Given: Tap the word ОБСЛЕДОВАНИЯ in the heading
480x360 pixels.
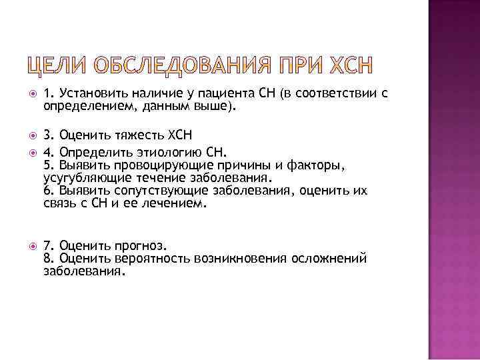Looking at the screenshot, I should coord(175,67).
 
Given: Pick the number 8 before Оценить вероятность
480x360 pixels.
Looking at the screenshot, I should coord(47,259).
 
